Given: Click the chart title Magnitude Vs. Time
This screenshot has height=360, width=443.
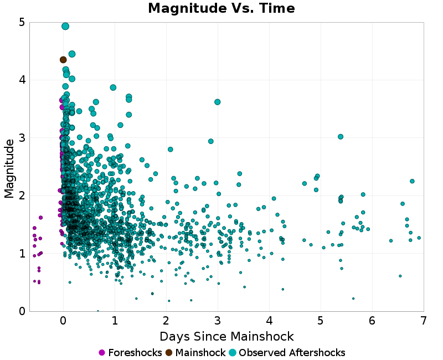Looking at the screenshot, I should tap(221, 8).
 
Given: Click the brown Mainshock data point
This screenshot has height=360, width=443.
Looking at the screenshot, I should tap(63, 60).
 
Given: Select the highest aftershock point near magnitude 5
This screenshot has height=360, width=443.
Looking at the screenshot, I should tap(65, 26).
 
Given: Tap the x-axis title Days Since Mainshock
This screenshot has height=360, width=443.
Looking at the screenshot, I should tap(226, 336).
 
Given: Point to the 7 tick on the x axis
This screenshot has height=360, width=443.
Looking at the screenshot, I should tap(424, 321).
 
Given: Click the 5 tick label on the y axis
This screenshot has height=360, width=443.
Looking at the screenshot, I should tap(21, 23).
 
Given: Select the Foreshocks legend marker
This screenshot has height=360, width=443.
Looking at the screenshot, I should tap(102, 353).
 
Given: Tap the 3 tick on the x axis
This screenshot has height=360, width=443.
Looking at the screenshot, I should tap(218, 321).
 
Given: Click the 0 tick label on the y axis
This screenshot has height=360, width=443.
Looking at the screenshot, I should tap(21, 311).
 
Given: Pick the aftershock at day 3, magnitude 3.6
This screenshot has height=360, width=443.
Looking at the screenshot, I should tap(218, 102).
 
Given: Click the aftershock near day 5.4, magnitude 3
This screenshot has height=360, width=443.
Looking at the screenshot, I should tap(341, 137).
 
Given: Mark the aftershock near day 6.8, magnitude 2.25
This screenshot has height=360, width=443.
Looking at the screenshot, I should tap(412, 181).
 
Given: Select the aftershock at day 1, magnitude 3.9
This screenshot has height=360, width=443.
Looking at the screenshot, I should tap(113, 88).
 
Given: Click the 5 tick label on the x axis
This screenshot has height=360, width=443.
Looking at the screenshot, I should tap(321, 321).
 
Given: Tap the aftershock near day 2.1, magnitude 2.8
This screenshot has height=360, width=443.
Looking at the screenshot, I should tap(171, 150).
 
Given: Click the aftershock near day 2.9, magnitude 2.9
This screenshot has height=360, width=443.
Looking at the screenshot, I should tap(211, 141).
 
